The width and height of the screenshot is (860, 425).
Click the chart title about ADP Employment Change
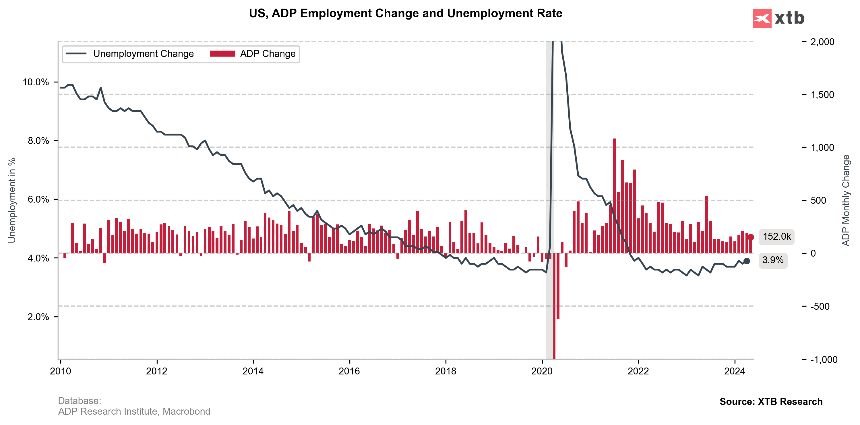pos(405,14)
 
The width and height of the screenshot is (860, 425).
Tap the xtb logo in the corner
pos(778,18)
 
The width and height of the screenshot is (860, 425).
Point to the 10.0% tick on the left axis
pos(36,82)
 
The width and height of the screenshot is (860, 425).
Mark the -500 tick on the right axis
pos(820,306)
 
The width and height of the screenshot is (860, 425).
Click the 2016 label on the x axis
pos(349,371)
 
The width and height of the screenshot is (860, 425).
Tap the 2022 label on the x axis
pos(638,371)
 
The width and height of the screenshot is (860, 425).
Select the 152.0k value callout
pos(776,237)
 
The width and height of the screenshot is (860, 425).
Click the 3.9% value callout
pos(773,260)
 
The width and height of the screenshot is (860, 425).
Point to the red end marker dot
pos(751,237)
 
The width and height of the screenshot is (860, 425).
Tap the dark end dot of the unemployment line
pos(747,261)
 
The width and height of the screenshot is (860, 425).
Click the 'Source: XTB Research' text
pos(771,402)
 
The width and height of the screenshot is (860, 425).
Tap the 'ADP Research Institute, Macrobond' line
pos(134,411)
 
